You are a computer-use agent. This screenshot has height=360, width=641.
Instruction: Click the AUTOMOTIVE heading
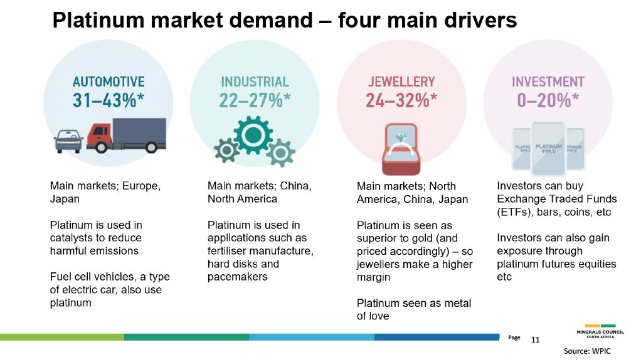click(109, 82)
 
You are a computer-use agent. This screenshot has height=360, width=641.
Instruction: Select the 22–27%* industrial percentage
click(255, 101)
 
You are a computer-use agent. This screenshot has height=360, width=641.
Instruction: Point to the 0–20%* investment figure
click(548, 101)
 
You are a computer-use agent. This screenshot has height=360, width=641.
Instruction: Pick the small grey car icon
click(68, 141)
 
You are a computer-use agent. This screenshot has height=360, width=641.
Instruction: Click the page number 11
click(535, 340)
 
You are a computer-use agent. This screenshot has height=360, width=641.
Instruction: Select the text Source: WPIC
click(587, 352)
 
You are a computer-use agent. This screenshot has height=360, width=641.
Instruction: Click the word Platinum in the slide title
click(95, 21)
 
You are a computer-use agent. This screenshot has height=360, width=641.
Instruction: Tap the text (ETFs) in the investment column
click(515, 212)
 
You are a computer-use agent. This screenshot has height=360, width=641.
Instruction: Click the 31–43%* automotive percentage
click(109, 101)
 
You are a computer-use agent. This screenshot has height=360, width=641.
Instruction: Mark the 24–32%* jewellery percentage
click(401, 101)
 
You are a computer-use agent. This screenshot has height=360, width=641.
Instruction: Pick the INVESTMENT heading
click(548, 82)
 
